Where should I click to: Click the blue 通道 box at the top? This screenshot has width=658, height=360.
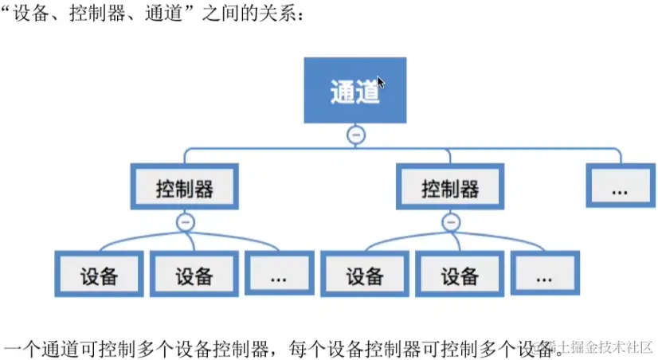355,90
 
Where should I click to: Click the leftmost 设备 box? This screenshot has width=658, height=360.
100,275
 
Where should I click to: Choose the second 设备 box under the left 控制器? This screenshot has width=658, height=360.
194,275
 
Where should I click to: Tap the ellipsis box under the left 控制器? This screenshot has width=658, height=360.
279,275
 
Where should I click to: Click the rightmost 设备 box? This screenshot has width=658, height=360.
460,275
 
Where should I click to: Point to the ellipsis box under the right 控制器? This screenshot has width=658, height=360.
545,275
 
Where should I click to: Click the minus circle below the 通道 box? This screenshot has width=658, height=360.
356,135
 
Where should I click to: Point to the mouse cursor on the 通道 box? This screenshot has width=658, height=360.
382,83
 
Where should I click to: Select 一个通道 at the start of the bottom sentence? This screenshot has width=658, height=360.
34,347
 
